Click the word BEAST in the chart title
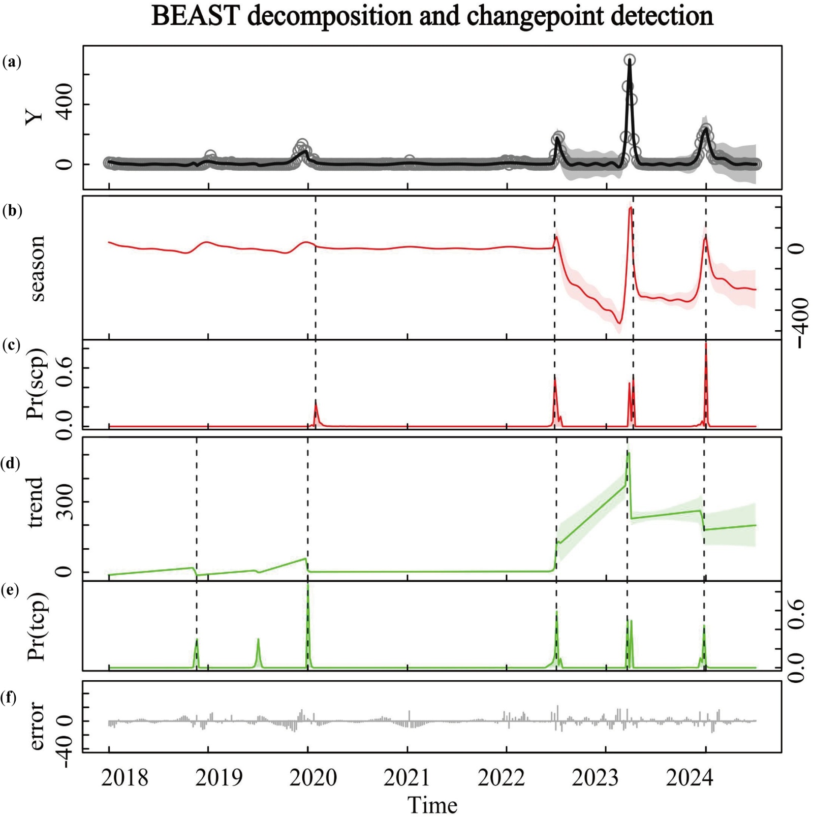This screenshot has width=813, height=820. (x=195, y=16)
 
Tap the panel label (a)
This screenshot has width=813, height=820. (x=11, y=62)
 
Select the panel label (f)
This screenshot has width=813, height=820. (x=9, y=698)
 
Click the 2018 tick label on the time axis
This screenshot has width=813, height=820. (x=124, y=778)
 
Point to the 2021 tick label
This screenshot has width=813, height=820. (x=407, y=778)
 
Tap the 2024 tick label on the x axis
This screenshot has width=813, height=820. (x=689, y=778)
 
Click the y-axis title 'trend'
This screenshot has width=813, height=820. (x=36, y=502)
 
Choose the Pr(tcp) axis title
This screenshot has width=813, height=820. (x=37, y=627)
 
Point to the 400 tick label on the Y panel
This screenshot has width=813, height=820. (x=65, y=105)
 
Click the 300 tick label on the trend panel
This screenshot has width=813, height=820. (x=65, y=502)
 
